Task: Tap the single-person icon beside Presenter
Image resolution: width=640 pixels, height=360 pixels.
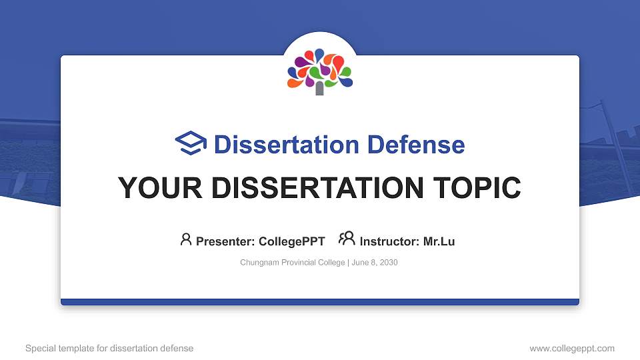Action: pyautogui.click(x=186, y=239)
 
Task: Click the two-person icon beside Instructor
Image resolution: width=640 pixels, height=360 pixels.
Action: pyautogui.click(x=347, y=239)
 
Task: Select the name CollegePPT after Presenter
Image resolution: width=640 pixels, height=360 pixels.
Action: pyautogui.click(x=291, y=241)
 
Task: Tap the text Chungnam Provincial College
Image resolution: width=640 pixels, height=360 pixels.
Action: pyautogui.click(x=292, y=263)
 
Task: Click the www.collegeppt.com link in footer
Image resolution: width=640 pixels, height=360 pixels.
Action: pyautogui.click(x=571, y=348)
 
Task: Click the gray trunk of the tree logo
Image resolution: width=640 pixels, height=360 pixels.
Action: pyautogui.click(x=320, y=89)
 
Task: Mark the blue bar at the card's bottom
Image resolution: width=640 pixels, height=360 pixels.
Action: pyautogui.click(x=320, y=302)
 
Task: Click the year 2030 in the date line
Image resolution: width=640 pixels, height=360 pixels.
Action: pyautogui.click(x=388, y=263)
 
